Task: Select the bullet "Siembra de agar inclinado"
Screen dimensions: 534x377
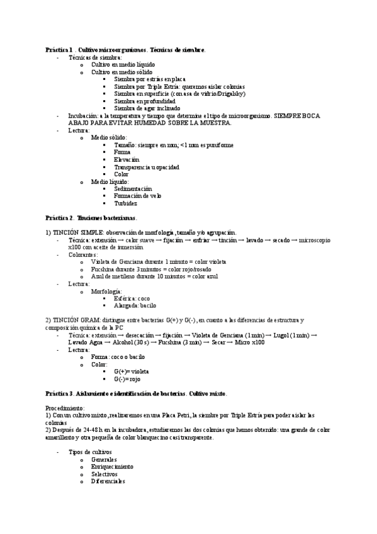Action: [145, 108]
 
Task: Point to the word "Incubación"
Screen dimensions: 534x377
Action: [82, 115]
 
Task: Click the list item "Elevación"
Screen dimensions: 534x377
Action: [127, 160]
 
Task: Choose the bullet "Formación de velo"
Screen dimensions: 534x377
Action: [138, 196]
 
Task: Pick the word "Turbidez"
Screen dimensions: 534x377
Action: [126, 203]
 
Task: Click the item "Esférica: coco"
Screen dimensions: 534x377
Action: [132, 298]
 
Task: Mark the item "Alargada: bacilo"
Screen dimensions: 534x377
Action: [135, 305]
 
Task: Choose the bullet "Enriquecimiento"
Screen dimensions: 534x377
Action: [112, 467]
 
